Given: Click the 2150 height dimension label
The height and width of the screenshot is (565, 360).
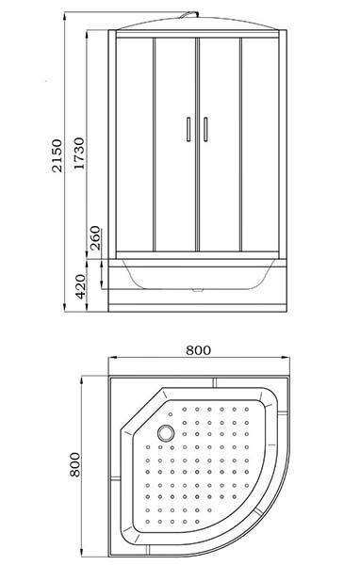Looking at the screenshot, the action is click(x=57, y=155).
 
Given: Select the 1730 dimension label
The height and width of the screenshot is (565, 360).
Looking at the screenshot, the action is click(x=78, y=153).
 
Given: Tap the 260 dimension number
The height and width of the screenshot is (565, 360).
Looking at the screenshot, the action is click(x=95, y=238).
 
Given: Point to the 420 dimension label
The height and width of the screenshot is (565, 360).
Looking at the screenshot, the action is click(x=81, y=286).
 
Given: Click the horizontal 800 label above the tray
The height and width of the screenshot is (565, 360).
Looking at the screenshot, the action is click(x=198, y=350).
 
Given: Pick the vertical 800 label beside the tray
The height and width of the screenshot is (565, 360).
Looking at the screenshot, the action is click(x=74, y=464).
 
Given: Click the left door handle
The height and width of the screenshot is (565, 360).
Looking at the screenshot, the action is click(x=188, y=129).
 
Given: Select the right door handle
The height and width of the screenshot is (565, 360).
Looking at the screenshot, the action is click(x=205, y=129).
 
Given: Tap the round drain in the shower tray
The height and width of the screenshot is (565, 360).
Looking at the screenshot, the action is click(x=166, y=433).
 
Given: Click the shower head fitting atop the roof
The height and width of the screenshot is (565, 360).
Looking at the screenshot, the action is click(x=190, y=14).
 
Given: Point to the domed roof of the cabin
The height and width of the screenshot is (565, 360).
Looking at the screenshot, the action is click(x=198, y=24).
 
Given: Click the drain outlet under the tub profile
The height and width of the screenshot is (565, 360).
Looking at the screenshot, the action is click(x=198, y=290).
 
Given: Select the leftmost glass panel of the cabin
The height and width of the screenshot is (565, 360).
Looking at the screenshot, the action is click(x=135, y=144).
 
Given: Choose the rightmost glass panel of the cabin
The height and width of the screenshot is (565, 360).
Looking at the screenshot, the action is click(x=260, y=144).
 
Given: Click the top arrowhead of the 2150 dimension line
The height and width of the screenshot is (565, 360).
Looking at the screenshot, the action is click(x=65, y=15).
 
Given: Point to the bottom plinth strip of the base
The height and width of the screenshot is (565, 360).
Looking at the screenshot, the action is click(x=198, y=308).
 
